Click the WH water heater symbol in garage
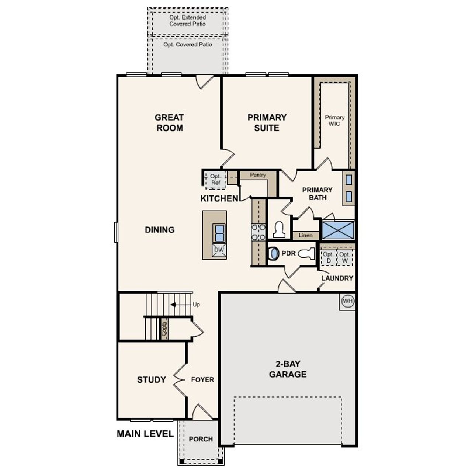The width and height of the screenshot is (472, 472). point(347,301)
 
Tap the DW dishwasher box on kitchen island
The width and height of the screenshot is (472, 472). point(219,250)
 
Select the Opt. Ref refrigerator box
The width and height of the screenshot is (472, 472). point(215,180)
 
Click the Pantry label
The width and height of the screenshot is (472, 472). point(257,175)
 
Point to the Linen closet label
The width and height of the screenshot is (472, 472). point(305,235)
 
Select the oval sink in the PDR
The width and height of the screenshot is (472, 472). point(274,254)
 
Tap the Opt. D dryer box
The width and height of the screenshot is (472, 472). point(328,257)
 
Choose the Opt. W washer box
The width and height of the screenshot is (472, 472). point(345,257)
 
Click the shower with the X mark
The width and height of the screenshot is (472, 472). point(338,230)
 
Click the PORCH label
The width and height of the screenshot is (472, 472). point(201,439)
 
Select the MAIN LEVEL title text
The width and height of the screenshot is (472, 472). point(145,434)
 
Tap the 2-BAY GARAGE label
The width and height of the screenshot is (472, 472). point(288,369)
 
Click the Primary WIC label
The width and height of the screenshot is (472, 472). point(334,121)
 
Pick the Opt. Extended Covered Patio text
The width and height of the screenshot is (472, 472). point(187,21)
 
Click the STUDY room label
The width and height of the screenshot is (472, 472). point(151,380)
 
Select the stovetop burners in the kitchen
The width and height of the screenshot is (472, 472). point(258,232)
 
